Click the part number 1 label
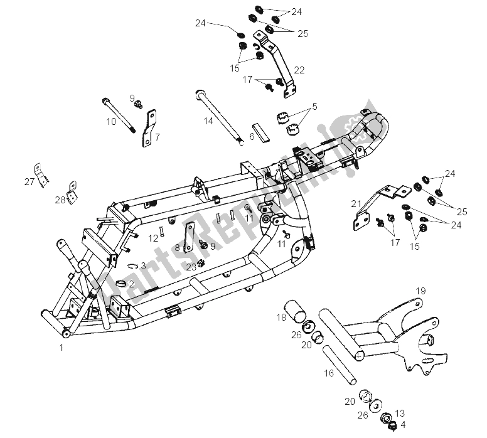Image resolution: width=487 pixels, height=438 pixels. (62, 346)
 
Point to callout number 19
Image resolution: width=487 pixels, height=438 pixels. (420, 291)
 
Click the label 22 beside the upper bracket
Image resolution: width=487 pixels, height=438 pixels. (299, 70)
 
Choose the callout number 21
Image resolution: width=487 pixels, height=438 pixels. (356, 203)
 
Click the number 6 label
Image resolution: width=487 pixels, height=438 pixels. (252, 136)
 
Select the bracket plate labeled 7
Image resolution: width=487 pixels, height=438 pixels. (149, 127)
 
